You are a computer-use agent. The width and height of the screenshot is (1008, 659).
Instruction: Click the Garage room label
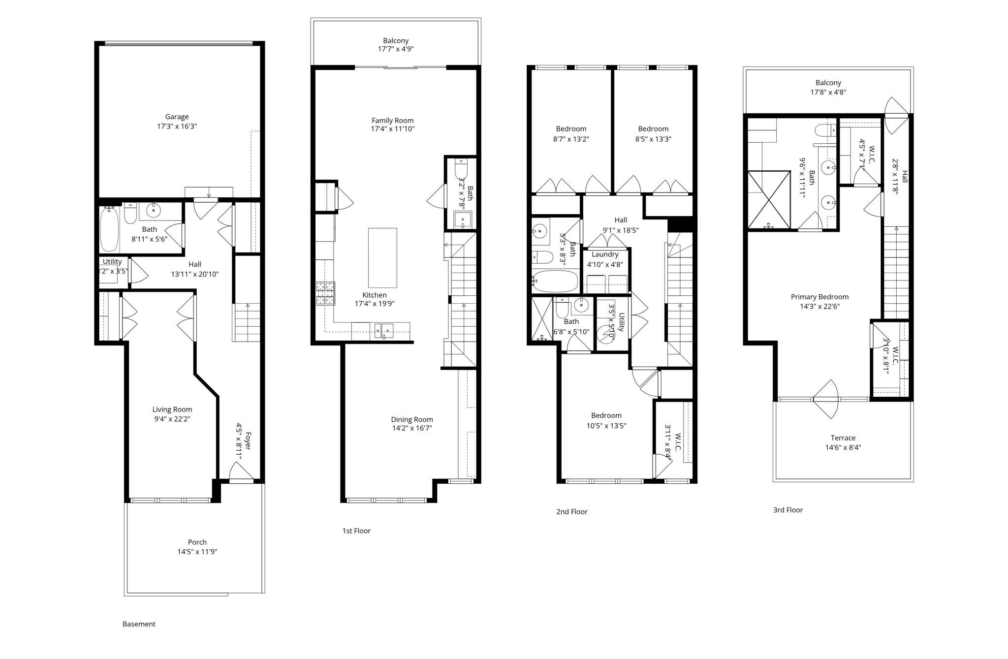point(177,117)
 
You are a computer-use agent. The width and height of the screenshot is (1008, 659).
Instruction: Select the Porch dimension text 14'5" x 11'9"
point(197,552)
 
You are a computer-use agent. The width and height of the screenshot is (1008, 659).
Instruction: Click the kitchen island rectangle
point(382,257)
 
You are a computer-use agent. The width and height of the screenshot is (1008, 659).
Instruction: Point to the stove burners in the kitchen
point(325,293)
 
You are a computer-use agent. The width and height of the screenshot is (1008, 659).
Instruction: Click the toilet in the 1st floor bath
point(461,169)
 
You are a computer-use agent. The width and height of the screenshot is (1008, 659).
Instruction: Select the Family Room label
point(392,120)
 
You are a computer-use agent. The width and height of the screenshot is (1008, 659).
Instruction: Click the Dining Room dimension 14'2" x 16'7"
point(411,428)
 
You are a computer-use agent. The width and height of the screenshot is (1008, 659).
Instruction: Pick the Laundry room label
point(605,254)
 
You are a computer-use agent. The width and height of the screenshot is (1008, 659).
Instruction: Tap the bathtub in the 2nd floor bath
point(556,281)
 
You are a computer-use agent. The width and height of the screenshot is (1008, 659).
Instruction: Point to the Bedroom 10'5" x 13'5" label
point(606,415)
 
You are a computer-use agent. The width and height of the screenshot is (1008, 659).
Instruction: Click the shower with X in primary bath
point(769,199)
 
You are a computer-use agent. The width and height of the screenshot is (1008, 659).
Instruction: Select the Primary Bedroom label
point(819,297)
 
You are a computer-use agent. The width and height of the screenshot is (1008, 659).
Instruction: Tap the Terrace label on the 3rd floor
point(843,438)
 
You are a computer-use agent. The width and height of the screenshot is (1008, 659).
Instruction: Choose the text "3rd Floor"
point(787,510)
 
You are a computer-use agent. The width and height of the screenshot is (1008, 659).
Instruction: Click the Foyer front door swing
point(242,473)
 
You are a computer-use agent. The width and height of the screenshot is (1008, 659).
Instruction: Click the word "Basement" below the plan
point(139,624)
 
